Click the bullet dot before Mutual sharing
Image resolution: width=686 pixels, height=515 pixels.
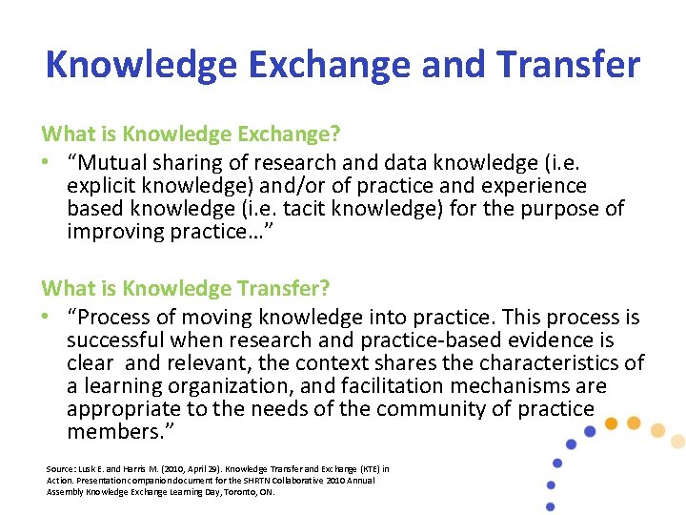[47, 163]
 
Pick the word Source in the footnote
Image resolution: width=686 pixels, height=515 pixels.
[60, 469]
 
